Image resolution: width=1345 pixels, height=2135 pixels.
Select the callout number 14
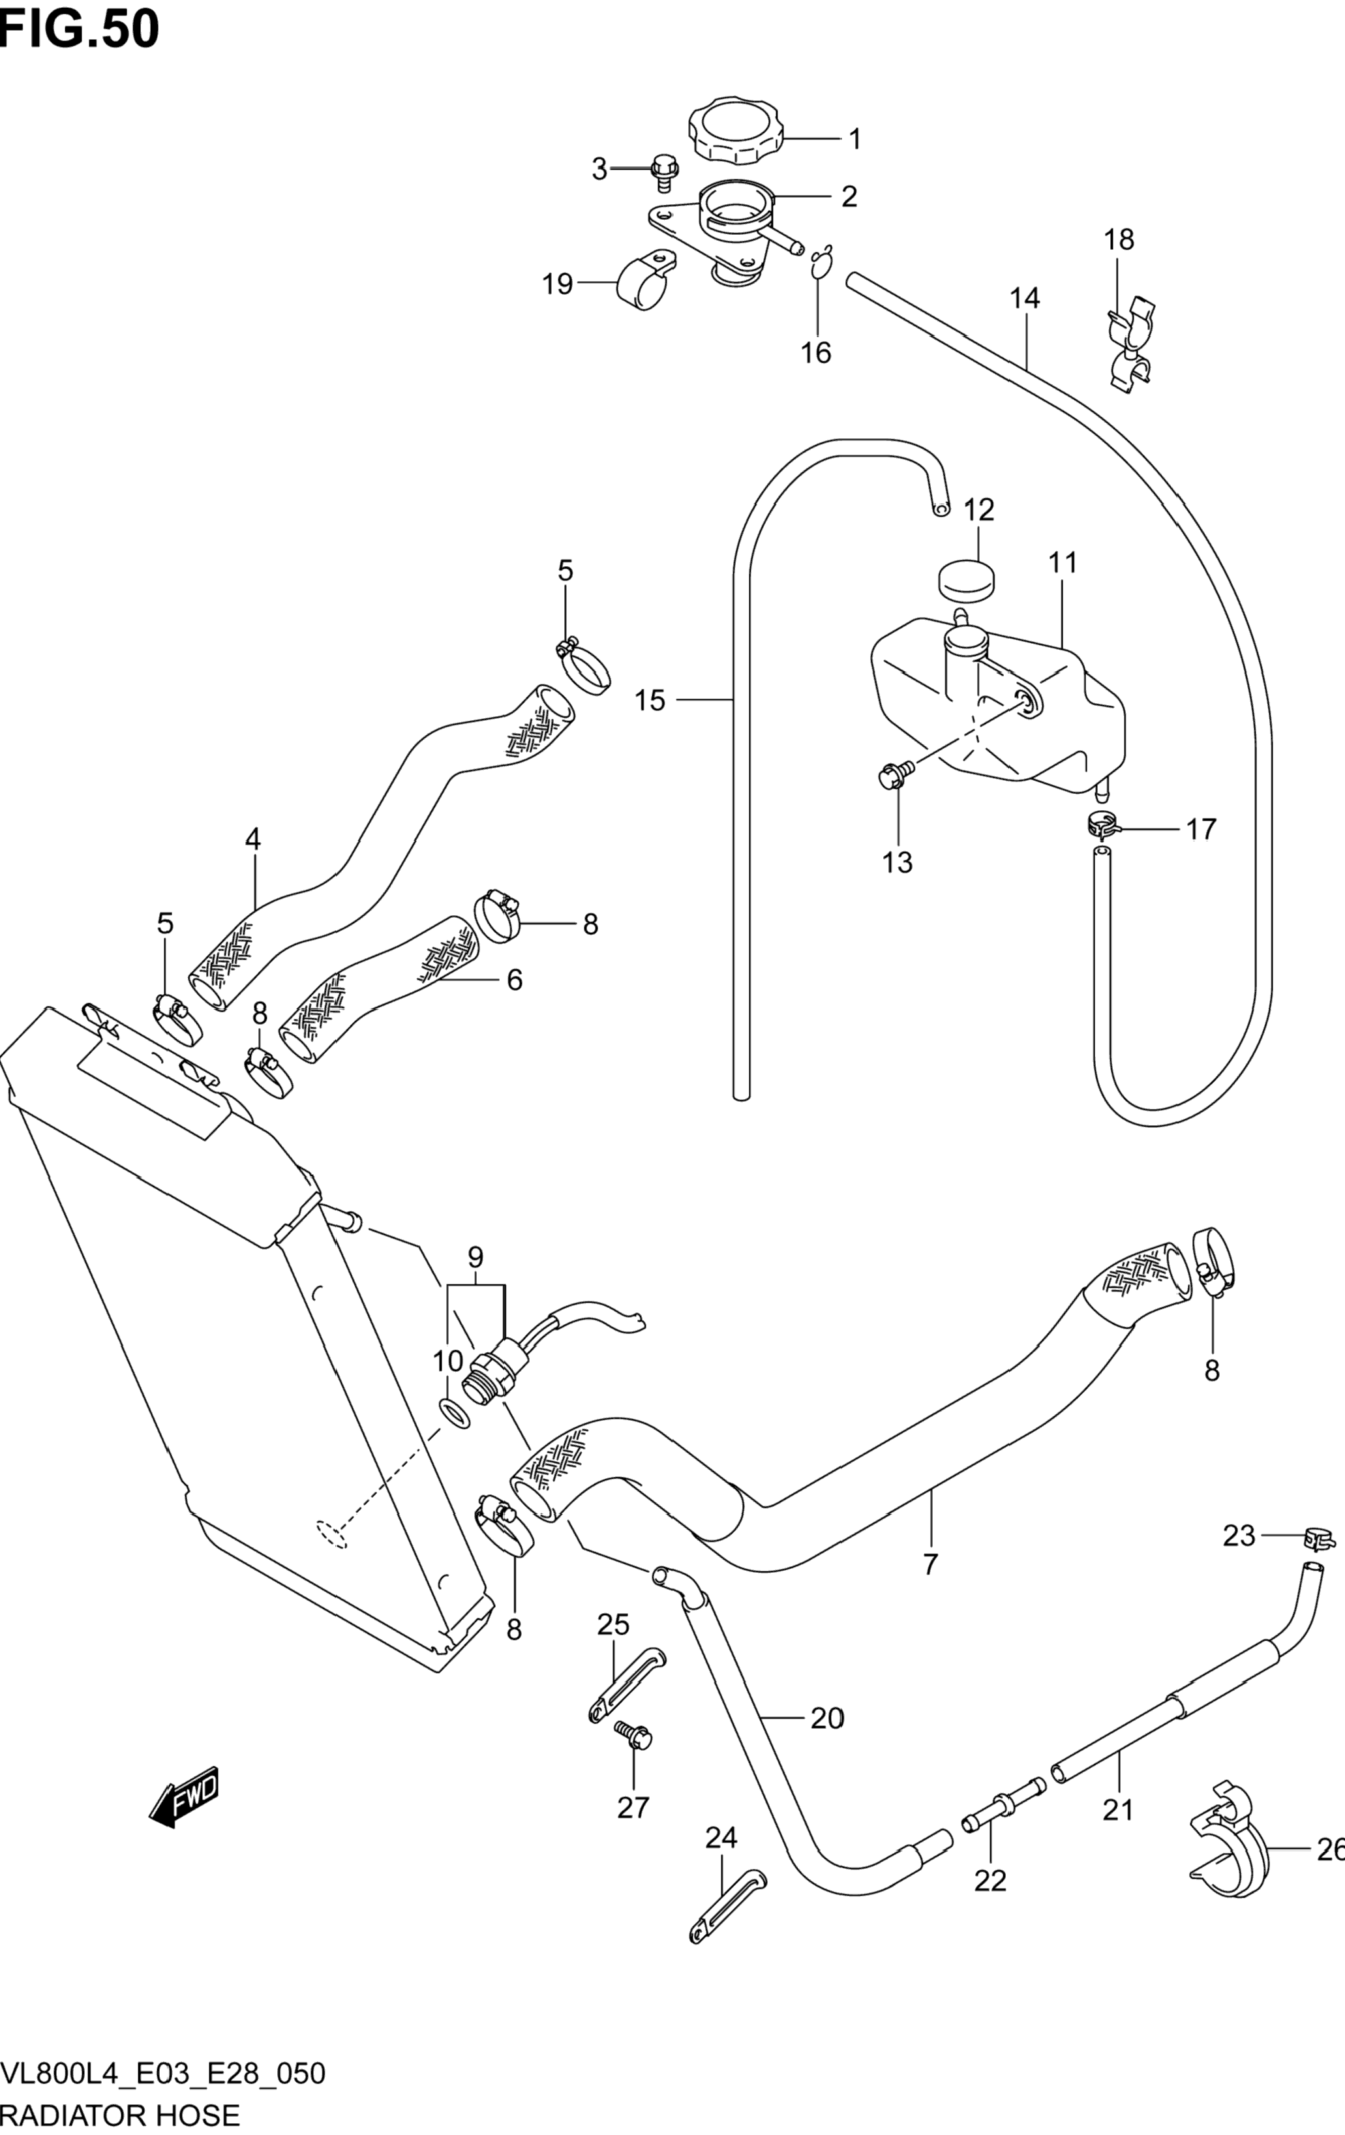(x=1024, y=298)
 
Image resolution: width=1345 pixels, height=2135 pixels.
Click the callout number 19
(x=558, y=284)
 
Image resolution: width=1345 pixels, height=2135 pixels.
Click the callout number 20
(x=826, y=1718)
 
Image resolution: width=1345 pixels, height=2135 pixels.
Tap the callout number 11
(x=1062, y=562)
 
